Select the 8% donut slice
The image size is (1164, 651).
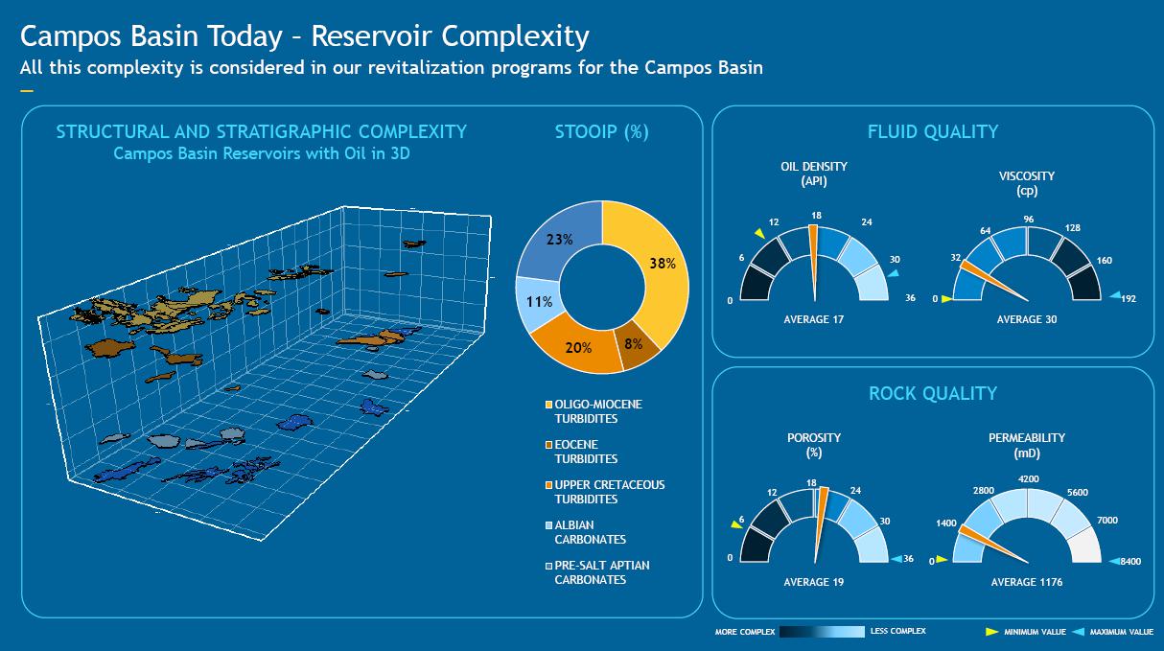click(x=635, y=345)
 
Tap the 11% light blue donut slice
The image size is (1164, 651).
click(x=538, y=302)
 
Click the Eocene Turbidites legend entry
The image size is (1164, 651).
click(x=581, y=452)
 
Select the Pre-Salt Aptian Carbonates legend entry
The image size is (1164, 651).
click(x=597, y=572)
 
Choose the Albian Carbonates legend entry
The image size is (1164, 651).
click(x=585, y=532)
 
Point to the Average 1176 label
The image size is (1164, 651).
click(x=1026, y=582)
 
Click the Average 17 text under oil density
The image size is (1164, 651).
click(x=813, y=319)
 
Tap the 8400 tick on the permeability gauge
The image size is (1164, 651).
click(x=1130, y=561)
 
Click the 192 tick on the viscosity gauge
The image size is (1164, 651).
click(x=1129, y=299)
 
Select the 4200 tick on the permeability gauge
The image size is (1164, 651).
click(x=1029, y=479)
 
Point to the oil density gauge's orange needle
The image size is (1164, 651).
click(x=814, y=263)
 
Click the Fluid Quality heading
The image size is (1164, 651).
click(x=933, y=131)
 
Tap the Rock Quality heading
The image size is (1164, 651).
click(x=933, y=393)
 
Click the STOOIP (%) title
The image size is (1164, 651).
click(x=602, y=132)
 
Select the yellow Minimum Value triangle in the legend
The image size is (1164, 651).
click(x=991, y=632)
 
